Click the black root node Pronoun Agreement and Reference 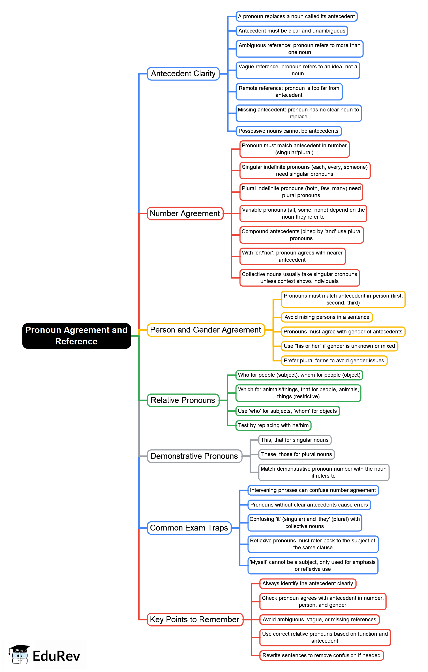coord(76,336)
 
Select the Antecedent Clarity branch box coord(183,74)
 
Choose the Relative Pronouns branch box coord(183,400)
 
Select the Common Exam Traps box coord(189,528)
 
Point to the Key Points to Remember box coord(195,620)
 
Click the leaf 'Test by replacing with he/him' coord(273,425)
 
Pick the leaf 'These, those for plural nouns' coord(296,454)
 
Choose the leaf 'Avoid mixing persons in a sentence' coord(327,317)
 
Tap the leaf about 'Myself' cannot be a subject coord(313,565)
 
